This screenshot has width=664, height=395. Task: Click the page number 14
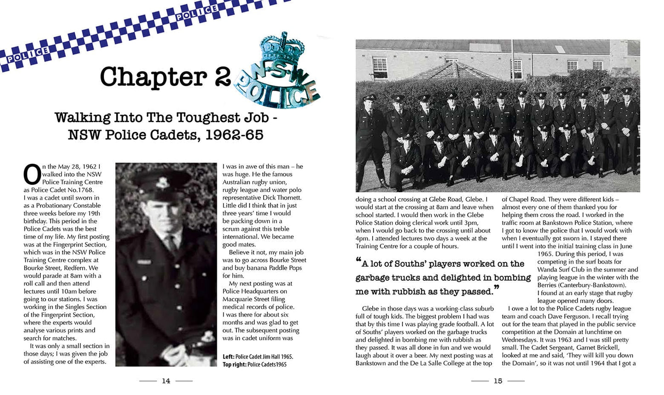click(166, 381)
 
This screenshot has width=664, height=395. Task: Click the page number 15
click(498, 381)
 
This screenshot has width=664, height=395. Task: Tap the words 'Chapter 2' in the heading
click(165, 77)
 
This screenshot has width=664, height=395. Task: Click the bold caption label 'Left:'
click(228, 356)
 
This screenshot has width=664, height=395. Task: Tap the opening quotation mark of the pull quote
click(358, 261)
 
